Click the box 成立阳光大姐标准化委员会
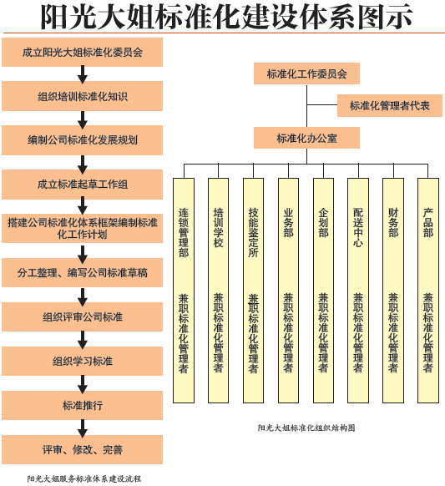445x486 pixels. (x=82, y=52)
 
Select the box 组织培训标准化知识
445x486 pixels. (x=82, y=96)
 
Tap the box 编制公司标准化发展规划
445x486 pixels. (x=82, y=140)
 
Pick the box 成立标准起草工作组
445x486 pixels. (x=82, y=185)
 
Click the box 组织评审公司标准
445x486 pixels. (x=82, y=316)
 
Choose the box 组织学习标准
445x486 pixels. (x=82, y=361)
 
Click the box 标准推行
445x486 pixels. (x=82, y=405)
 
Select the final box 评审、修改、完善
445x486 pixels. (x=82, y=450)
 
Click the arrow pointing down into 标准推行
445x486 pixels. (x=83, y=384)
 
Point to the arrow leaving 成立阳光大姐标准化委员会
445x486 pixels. (x=83, y=74)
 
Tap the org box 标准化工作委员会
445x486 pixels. (x=306, y=73)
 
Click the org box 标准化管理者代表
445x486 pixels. (x=390, y=106)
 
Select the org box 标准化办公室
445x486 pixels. (x=306, y=138)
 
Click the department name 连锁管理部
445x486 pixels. (x=184, y=232)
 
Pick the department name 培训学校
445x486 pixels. (x=219, y=227)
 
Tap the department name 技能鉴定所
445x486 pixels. (x=254, y=232)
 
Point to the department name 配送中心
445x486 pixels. (x=358, y=227)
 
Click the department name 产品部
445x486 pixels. (x=428, y=223)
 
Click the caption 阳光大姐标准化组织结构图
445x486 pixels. (x=306, y=428)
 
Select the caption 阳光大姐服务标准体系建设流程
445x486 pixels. (x=84, y=478)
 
